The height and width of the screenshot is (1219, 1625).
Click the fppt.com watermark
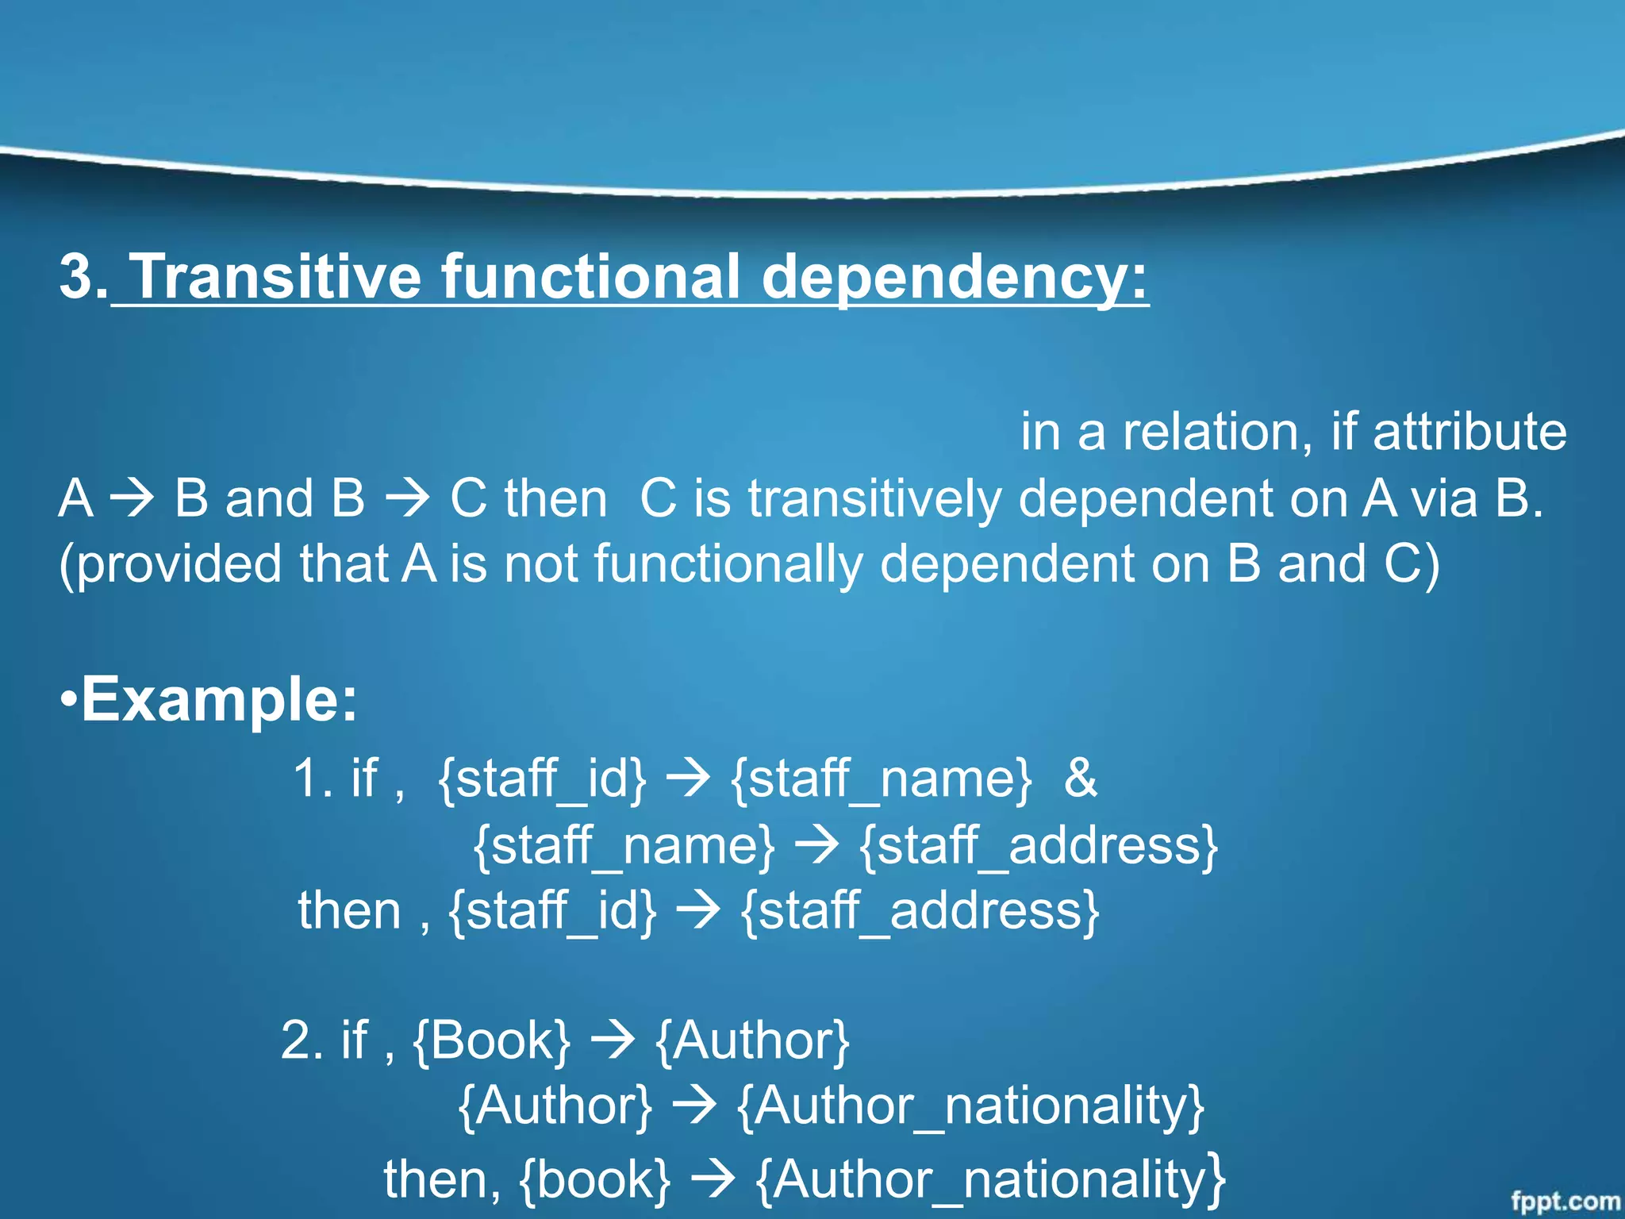[x=1565, y=1201]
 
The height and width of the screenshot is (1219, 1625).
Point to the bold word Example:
[x=219, y=699]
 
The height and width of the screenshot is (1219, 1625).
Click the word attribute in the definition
[x=1469, y=432]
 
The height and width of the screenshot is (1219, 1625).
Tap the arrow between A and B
[x=133, y=499]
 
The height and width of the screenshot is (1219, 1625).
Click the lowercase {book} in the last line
[x=595, y=1179]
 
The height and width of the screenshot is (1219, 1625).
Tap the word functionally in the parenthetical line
[x=728, y=564]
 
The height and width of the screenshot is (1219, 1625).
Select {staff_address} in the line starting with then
[x=920, y=910]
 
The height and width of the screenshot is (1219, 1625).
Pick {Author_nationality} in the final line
[x=990, y=1179]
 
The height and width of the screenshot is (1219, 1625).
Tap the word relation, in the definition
[x=1217, y=432]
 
